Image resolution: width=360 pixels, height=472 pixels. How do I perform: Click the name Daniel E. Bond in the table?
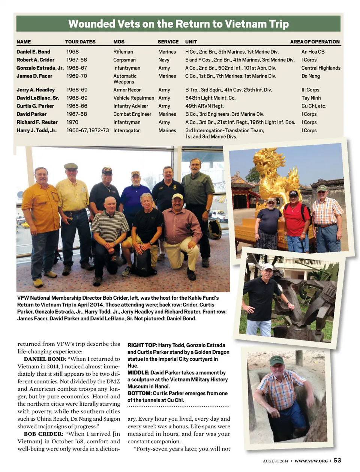tap(33, 52)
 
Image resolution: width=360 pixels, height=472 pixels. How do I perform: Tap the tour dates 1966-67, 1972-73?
tap(87, 130)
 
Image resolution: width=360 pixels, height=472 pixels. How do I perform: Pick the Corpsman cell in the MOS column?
tap(124, 60)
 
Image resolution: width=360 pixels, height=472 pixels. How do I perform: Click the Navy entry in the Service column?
tap(164, 60)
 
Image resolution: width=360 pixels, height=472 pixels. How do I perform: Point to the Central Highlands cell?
tap(321, 68)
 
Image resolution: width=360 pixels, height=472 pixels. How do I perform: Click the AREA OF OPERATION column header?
tap(315, 42)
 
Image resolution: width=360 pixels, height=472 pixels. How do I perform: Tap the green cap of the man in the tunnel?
tap(276, 360)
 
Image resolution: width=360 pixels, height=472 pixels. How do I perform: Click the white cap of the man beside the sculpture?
tap(267, 267)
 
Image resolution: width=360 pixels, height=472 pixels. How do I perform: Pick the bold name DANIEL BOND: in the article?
tap(45, 359)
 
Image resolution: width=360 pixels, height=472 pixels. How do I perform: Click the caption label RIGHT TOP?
tap(142, 345)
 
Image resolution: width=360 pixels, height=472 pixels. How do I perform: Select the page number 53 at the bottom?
tap(337, 460)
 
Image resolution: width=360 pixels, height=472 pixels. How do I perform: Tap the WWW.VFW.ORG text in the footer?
tap(311, 461)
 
